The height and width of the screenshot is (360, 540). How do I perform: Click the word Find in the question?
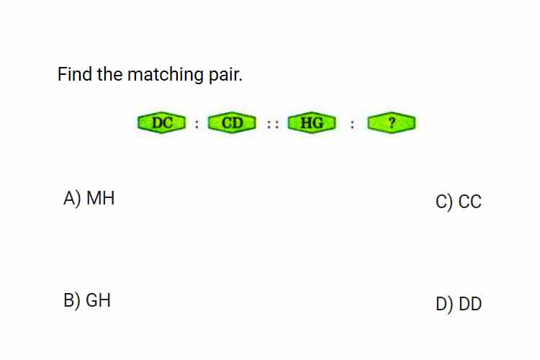75,74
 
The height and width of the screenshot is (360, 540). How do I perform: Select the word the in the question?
109,74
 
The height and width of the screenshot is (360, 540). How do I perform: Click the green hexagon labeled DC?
161,122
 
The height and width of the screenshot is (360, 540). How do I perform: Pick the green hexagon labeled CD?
232,122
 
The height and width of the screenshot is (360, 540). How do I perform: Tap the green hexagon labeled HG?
312,122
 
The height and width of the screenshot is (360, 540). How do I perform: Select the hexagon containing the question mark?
391,122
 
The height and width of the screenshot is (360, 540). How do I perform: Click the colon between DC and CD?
197,124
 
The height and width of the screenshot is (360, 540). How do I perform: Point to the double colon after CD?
273,124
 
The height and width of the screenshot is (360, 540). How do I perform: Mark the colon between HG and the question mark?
352,124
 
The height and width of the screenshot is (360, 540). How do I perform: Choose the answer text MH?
100,198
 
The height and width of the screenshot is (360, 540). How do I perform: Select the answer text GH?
98,300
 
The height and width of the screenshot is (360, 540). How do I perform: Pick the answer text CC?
469,202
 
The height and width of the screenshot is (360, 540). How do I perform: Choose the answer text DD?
470,304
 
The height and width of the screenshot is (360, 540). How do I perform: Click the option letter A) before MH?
72,199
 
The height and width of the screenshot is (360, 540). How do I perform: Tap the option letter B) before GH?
71,301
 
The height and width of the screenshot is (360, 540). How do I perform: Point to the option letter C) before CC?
444,202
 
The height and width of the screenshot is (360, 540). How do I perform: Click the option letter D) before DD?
445,305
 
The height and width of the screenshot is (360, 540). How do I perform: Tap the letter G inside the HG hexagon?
318,122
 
